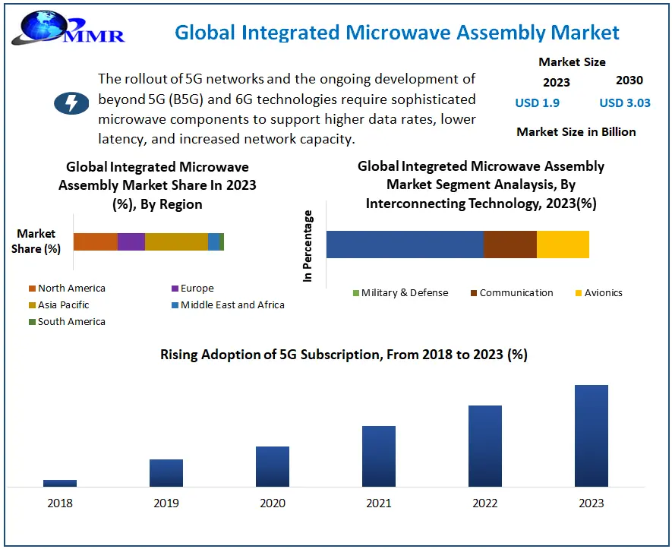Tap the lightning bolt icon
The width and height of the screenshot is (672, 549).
click(x=71, y=103)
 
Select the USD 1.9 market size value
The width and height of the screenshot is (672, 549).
click(x=537, y=103)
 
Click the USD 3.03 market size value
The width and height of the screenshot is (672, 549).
click(x=624, y=103)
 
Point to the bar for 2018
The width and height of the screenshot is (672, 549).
click(x=60, y=483)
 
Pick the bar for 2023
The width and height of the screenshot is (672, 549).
click(x=592, y=435)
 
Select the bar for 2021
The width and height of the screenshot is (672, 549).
click(x=379, y=456)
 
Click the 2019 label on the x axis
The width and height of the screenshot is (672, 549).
click(x=166, y=503)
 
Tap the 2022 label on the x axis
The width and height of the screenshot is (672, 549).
click(x=485, y=503)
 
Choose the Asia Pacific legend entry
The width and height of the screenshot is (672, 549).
click(x=63, y=305)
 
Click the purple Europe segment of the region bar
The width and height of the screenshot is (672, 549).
click(x=131, y=241)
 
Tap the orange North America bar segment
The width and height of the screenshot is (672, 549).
click(x=95, y=241)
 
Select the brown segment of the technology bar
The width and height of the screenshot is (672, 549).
click(x=510, y=245)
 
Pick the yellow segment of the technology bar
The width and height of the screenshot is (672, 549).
click(x=563, y=245)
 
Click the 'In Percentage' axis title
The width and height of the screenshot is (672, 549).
click(x=308, y=246)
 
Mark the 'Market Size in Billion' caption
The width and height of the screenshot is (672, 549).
click(x=576, y=132)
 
